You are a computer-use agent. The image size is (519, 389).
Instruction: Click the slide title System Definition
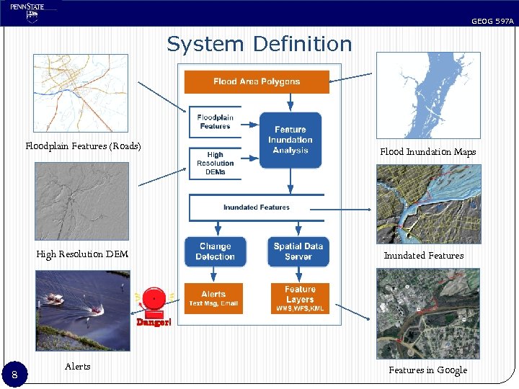(x=259, y=44)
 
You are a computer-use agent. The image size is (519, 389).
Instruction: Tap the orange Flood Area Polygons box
(x=257, y=81)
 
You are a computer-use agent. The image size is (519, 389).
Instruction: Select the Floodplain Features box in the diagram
(x=215, y=122)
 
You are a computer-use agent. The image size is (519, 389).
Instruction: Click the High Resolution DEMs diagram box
(x=215, y=164)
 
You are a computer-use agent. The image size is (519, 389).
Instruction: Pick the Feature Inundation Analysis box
(x=290, y=140)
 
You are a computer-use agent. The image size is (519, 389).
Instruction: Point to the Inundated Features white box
(x=256, y=207)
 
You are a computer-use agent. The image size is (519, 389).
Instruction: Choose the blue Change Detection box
(x=215, y=251)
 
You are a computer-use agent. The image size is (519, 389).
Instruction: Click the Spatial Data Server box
(x=298, y=251)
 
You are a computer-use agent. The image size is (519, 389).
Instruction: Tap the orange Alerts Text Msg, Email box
(x=213, y=298)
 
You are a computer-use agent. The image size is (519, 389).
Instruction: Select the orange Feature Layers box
(x=300, y=298)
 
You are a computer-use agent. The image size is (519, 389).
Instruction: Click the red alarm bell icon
(x=154, y=300)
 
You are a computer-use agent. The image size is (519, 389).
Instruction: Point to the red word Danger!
(x=154, y=322)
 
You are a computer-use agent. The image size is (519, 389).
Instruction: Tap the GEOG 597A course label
(x=492, y=22)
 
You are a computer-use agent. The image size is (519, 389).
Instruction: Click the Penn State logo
(x=28, y=12)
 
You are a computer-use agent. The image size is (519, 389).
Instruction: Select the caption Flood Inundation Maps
(x=427, y=152)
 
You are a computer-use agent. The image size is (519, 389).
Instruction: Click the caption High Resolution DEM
(x=82, y=254)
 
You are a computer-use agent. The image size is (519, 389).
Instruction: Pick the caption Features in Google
(x=427, y=370)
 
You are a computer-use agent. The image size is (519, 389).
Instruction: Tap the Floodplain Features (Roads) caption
(x=83, y=147)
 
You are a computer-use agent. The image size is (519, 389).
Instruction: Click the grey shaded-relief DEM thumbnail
(x=81, y=201)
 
